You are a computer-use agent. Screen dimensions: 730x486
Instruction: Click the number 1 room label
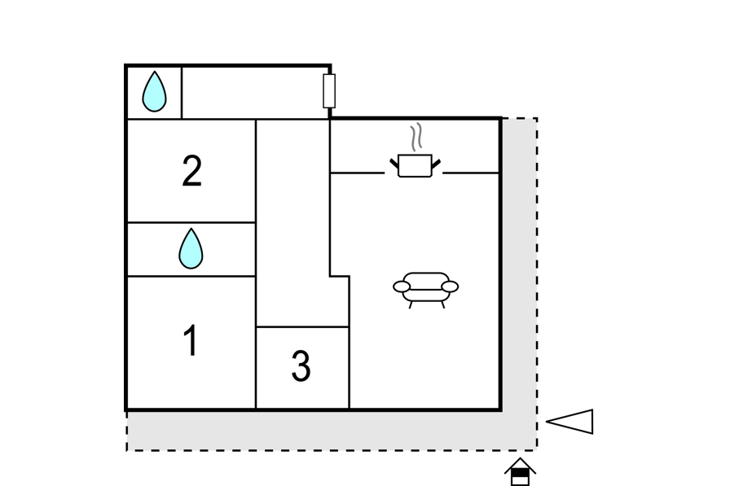click(191, 340)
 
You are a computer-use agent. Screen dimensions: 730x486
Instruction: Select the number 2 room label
click(191, 171)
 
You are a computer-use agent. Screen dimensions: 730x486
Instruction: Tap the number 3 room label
click(301, 366)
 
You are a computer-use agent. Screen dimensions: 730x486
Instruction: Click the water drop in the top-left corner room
click(154, 92)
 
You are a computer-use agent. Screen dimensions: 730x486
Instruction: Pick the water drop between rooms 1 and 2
click(191, 248)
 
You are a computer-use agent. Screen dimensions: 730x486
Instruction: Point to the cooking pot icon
click(416, 165)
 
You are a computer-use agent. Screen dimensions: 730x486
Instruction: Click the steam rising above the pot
click(416, 137)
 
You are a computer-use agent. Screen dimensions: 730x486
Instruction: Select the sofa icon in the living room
click(425, 290)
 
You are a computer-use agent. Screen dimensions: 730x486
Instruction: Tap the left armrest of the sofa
click(402, 287)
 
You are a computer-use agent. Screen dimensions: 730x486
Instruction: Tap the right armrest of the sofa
click(450, 287)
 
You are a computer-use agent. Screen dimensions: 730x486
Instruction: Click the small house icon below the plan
click(520, 471)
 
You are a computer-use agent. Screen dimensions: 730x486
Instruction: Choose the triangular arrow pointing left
click(569, 422)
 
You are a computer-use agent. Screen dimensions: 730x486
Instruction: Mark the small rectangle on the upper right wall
click(329, 90)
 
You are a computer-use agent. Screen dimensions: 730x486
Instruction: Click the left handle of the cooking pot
click(394, 164)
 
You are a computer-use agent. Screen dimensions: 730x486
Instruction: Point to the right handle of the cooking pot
click(436, 164)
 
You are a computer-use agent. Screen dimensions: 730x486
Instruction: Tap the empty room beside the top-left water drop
click(255, 93)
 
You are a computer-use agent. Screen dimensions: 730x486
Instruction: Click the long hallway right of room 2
click(292, 223)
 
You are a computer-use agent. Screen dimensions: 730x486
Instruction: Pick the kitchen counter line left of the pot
click(358, 173)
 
